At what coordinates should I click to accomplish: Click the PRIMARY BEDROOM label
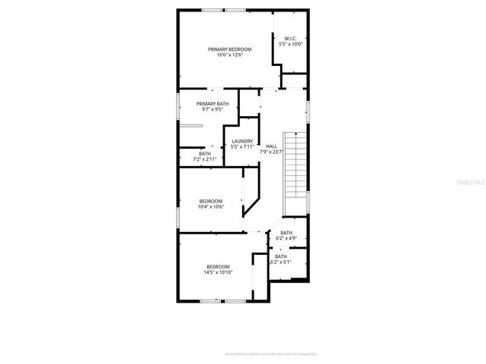point(229,49)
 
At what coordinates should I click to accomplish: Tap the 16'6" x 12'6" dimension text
point(229,55)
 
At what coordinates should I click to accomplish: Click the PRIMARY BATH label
point(212,103)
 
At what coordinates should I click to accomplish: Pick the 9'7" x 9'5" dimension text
point(212,109)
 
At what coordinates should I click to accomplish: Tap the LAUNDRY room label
point(242,140)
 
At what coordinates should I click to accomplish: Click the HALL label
point(271,146)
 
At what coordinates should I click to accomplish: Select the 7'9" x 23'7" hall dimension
point(271,152)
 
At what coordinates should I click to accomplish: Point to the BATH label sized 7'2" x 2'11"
point(205,154)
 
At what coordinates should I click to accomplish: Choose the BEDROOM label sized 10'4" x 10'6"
point(210,201)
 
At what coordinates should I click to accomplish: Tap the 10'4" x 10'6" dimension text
point(210,207)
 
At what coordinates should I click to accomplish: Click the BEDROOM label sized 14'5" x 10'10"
point(218,266)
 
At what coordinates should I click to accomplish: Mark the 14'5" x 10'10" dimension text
point(218,272)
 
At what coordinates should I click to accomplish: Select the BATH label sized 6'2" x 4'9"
point(286,233)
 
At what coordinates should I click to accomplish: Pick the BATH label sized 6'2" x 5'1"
point(281,256)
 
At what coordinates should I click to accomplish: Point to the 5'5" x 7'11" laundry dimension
point(242,146)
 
